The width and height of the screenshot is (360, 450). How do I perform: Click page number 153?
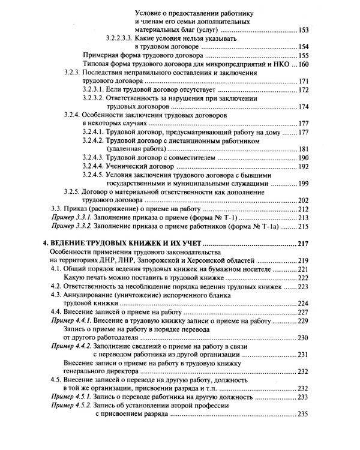point(304,29)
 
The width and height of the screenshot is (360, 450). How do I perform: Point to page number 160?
point(304,64)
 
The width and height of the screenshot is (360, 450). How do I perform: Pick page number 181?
point(304,149)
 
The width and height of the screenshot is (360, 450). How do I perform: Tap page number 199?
point(304,184)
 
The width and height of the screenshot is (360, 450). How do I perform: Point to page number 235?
point(304,414)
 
